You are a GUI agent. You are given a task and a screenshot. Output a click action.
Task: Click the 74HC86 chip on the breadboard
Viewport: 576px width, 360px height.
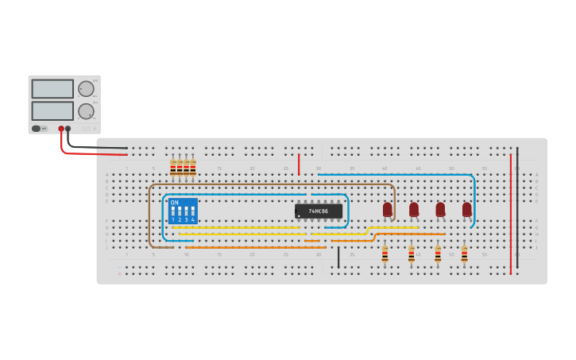(x=319, y=211)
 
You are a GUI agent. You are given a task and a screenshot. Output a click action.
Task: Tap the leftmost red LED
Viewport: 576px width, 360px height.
(x=388, y=210)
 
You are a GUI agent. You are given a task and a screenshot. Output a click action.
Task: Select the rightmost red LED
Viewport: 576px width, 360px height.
(x=467, y=210)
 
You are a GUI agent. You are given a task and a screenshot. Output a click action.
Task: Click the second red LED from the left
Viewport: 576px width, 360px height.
(x=414, y=210)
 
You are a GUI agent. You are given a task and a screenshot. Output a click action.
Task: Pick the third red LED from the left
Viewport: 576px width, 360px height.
(x=440, y=210)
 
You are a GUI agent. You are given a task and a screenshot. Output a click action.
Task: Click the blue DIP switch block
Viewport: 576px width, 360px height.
(x=183, y=211)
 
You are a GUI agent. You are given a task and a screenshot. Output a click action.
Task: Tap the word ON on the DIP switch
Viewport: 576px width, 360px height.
(x=175, y=203)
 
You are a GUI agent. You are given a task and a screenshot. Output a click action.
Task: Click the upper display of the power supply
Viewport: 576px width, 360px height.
(x=52, y=89)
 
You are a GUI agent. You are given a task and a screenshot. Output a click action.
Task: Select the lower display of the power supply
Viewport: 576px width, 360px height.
(x=52, y=110)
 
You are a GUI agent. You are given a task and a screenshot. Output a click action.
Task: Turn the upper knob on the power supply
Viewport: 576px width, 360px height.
(x=86, y=89)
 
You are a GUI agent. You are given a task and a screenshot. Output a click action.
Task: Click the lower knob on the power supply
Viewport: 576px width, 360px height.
(x=86, y=111)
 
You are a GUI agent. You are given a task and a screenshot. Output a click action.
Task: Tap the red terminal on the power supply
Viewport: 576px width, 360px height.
(x=61, y=129)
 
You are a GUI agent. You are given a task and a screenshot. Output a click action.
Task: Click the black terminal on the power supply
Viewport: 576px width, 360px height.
(x=68, y=129)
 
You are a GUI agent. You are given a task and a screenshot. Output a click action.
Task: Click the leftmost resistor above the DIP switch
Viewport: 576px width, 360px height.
(x=172, y=168)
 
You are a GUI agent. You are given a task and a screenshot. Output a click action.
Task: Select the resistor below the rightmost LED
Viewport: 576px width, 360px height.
(x=464, y=254)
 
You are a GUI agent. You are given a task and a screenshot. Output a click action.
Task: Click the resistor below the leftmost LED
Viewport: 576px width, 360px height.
(x=385, y=254)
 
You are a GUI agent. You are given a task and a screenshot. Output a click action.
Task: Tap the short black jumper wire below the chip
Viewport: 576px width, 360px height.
(x=338, y=257)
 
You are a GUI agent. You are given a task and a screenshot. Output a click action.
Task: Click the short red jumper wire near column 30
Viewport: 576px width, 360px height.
(x=299, y=165)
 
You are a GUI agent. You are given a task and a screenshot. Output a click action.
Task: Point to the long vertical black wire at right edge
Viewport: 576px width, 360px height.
(x=517, y=207)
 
